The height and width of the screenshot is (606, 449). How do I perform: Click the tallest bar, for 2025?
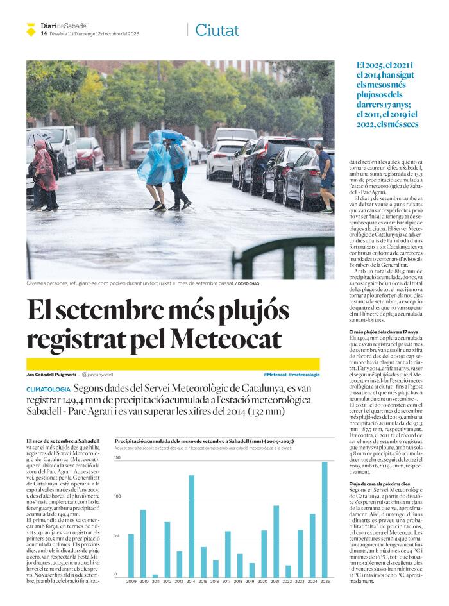pyautogui.click(x=325, y=519)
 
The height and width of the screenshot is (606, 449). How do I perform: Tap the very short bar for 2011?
pyautogui.click(x=155, y=575)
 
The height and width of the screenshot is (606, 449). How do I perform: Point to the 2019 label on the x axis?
pyautogui.click(x=252, y=582)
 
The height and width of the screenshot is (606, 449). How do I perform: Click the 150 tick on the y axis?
pyautogui.click(x=117, y=458)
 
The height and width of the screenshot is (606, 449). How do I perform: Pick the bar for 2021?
pyautogui.click(x=276, y=541)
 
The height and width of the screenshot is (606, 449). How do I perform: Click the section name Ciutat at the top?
pyautogui.click(x=217, y=30)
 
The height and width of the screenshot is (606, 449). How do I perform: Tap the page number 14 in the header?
pyautogui.click(x=44, y=33)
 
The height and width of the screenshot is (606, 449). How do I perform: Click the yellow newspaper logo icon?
pyautogui.click(x=31, y=29)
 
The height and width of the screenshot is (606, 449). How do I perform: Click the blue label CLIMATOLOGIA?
pyautogui.click(x=48, y=389)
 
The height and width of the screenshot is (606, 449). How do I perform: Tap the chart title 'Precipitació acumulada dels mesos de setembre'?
pyautogui.click(x=204, y=442)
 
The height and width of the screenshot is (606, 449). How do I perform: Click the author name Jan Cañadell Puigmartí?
pyautogui.click(x=51, y=374)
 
